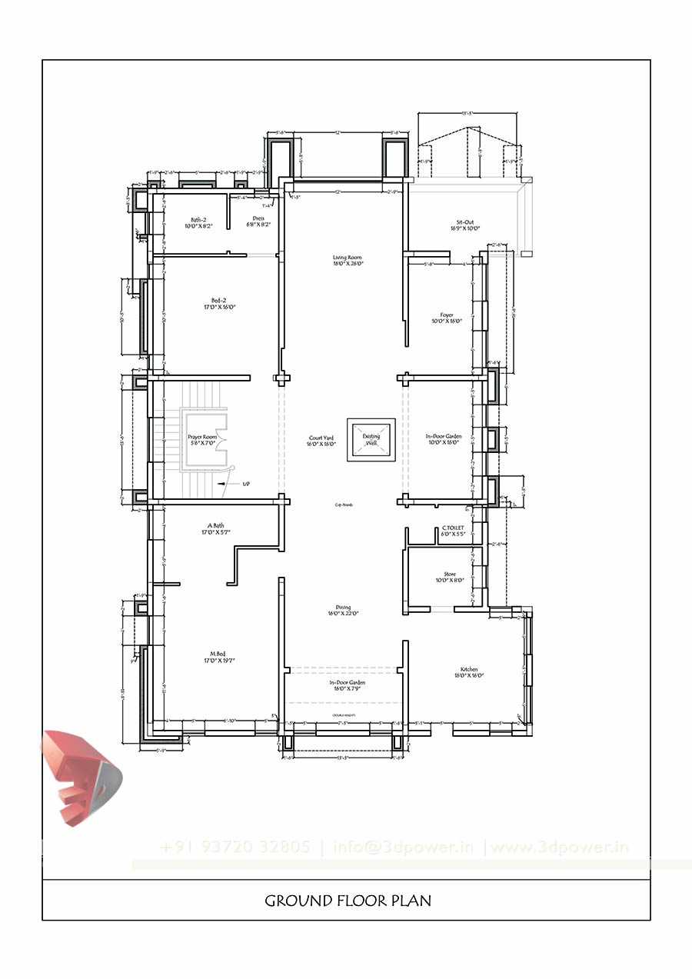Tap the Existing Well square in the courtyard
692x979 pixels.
(371, 441)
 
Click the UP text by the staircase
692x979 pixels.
(246, 484)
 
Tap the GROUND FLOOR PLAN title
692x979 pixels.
(348, 900)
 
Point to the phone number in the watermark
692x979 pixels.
(235, 847)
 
